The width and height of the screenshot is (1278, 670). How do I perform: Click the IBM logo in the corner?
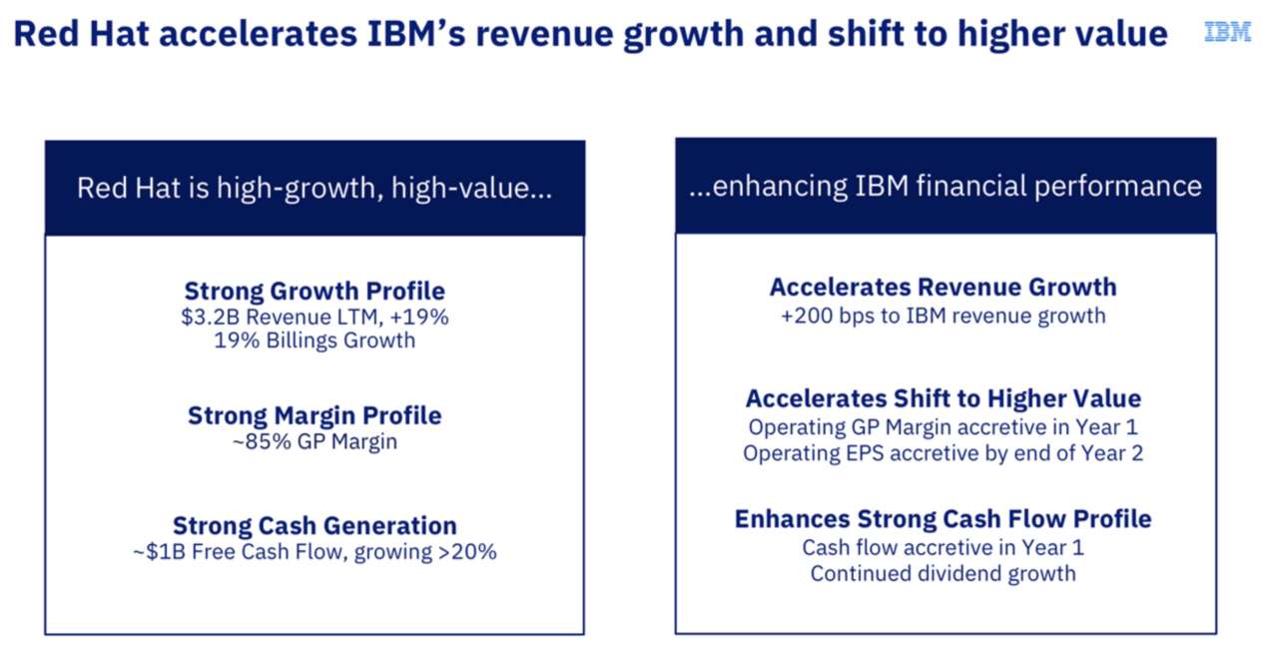pyautogui.click(x=1227, y=32)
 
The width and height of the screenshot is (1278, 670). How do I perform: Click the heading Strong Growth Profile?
pyautogui.click(x=315, y=292)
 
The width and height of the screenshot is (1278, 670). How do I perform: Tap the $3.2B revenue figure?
pyautogui.click(x=204, y=317)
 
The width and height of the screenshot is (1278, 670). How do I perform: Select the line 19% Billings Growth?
pyautogui.click(x=315, y=340)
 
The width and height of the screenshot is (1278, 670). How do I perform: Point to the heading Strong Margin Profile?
pyautogui.click(x=315, y=415)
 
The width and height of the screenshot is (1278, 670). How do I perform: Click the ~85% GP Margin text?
pyautogui.click(x=315, y=440)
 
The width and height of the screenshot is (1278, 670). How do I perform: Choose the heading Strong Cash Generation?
pyautogui.click(x=315, y=525)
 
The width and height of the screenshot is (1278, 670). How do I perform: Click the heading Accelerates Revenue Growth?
pyautogui.click(x=943, y=288)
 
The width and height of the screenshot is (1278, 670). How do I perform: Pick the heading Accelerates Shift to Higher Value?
pyautogui.click(x=943, y=398)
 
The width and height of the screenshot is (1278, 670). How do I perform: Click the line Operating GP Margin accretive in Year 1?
pyautogui.click(x=943, y=426)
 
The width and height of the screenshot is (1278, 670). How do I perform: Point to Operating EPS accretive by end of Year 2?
pyautogui.click(x=943, y=453)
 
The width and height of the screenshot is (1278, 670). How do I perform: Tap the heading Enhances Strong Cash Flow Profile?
pyautogui.click(x=943, y=519)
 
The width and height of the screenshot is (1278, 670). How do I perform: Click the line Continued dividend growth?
pyautogui.click(x=943, y=573)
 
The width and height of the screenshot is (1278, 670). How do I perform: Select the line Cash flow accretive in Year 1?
pyautogui.click(x=943, y=547)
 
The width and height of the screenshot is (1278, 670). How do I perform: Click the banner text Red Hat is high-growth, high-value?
pyautogui.click(x=315, y=188)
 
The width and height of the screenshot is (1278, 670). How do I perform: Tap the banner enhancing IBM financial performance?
pyautogui.click(x=945, y=187)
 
